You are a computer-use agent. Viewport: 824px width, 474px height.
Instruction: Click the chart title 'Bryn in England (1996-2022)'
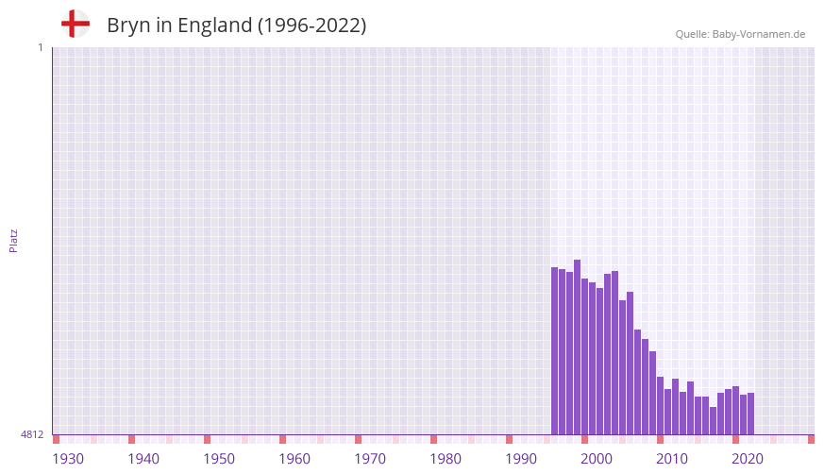pyautogui.click(x=236, y=25)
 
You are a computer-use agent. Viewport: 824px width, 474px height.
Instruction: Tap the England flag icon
pyautogui.click(x=75, y=24)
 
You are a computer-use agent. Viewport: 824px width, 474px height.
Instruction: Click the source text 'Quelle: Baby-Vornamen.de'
pyautogui.click(x=740, y=34)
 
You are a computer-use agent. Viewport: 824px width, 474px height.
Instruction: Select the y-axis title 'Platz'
pyautogui.click(x=13, y=240)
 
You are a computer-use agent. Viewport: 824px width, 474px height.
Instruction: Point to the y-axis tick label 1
pyautogui.click(x=40, y=47)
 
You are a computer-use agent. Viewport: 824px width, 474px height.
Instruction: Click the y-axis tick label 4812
pyautogui.click(x=32, y=435)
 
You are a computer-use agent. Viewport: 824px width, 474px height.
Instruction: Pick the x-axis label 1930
pyautogui.click(x=68, y=459)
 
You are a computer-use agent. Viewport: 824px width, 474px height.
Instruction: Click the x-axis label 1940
pyautogui.click(x=143, y=459)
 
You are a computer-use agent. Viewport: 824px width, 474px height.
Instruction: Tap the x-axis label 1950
pyautogui.click(x=219, y=459)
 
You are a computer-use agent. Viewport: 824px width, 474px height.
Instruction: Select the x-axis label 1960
pyautogui.click(x=294, y=459)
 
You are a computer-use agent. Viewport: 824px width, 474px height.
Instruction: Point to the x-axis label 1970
pyautogui.click(x=370, y=459)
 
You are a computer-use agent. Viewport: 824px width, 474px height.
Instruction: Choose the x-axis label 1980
pyautogui.click(x=446, y=459)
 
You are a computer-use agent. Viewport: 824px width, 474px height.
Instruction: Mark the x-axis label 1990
pyautogui.click(x=521, y=459)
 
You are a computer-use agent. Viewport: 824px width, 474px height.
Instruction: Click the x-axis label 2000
pyautogui.click(x=597, y=459)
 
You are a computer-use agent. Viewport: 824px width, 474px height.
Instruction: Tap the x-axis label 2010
pyautogui.click(x=672, y=459)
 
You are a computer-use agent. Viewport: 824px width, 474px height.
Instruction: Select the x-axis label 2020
pyautogui.click(x=748, y=459)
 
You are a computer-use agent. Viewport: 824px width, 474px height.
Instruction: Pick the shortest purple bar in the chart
pyautogui.click(x=713, y=421)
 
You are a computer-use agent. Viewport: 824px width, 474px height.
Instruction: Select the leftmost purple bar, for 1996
pyautogui.click(x=554, y=350)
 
